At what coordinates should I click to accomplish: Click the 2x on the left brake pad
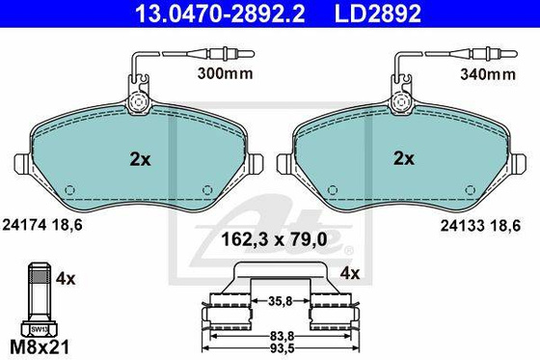pyautogui.click(x=140, y=157)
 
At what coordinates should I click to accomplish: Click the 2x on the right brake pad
pyautogui.click(x=404, y=157)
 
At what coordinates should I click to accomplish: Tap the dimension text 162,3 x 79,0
pyautogui.click(x=266, y=236)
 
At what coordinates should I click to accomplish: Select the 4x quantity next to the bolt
pyautogui.click(x=66, y=278)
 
